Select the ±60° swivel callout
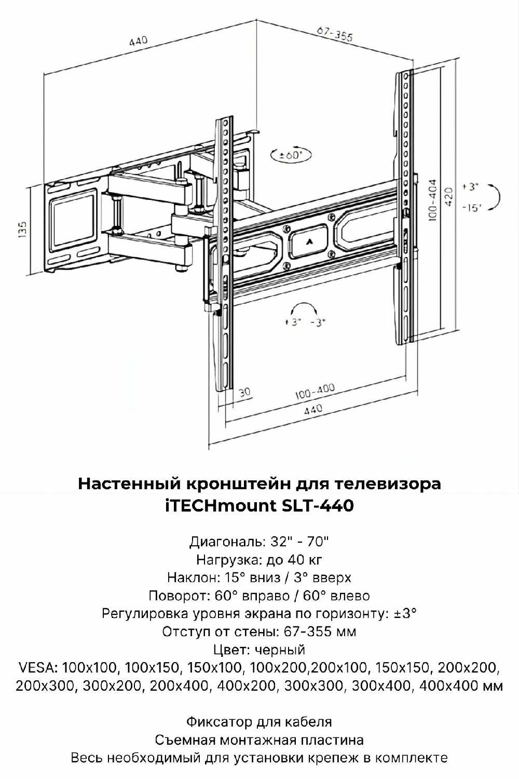pyautogui.click(x=291, y=155)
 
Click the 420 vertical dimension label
pyautogui.click(x=449, y=197)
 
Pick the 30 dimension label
pyautogui.click(x=245, y=392)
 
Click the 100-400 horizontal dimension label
pyautogui.click(x=315, y=391)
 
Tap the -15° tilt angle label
pyautogui.click(x=472, y=208)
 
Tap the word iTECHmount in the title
pyautogui.click(x=220, y=506)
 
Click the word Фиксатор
pyautogui.click(x=220, y=722)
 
